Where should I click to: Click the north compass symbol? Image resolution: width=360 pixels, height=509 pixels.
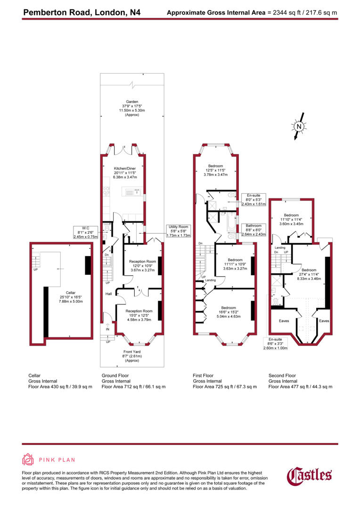(298, 126)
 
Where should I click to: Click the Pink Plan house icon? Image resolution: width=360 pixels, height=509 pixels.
(28, 460)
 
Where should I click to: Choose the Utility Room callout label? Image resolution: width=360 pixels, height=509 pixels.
(179, 231)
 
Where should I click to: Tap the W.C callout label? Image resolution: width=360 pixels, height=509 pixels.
(85, 232)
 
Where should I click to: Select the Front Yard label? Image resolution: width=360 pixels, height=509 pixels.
(132, 356)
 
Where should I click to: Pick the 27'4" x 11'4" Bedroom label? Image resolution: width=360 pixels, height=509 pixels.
(309, 274)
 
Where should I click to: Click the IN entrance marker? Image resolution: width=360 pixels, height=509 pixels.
(107, 329)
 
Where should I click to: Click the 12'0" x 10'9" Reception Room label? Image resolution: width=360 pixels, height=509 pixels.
(142, 266)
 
